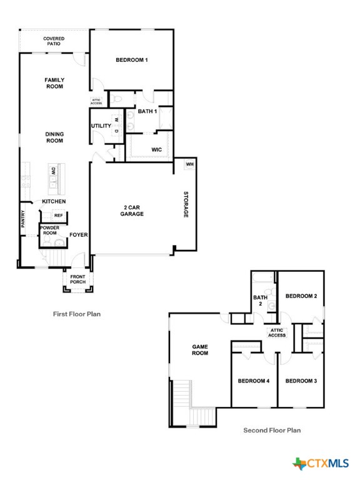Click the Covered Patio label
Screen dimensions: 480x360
point(54,41)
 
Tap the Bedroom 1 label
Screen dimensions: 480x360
point(132,60)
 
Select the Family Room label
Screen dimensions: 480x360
point(54,83)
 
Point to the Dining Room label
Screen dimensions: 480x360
point(54,137)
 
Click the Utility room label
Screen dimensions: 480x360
point(101,126)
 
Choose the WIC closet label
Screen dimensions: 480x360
point(157,150)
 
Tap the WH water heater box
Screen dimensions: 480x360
point(190,164)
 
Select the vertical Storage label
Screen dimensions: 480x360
point(186,204)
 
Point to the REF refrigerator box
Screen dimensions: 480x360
point(58,216)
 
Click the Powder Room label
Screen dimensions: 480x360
point(50,230)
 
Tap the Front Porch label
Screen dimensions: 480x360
point(77,279)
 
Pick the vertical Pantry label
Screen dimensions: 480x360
point(23,222)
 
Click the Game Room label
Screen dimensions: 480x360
point(200,350)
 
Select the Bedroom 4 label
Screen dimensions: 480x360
point(254,381)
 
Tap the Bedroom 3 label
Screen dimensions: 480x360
point(301,381)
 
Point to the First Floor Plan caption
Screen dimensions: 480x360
point(76,314)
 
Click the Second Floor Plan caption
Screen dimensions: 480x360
point(272,430)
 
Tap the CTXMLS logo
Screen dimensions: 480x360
point(321,463)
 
